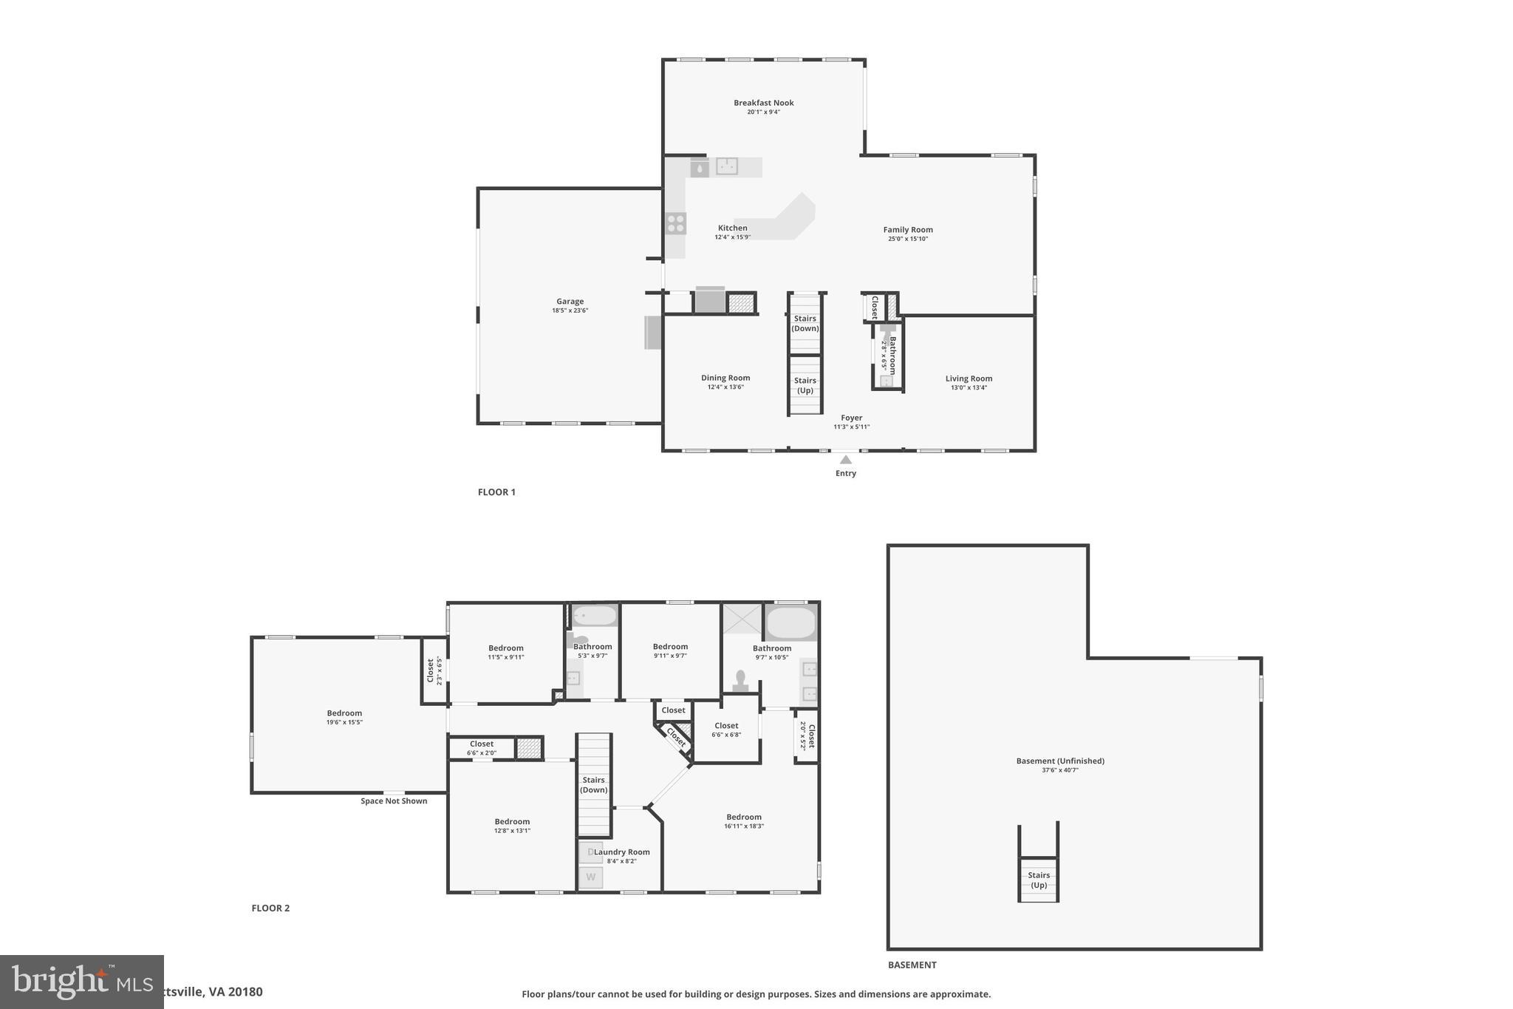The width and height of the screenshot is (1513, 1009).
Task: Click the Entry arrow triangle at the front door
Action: pos(846,460)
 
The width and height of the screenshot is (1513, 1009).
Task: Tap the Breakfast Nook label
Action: pos(763,103)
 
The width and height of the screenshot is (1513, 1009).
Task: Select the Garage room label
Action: pos(570,302)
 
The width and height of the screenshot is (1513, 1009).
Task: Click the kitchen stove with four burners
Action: pos(675,223)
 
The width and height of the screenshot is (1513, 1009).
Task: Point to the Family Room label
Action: pos(908,230)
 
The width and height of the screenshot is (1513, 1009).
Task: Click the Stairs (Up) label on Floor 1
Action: pos(805,385)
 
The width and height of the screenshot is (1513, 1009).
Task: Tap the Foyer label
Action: pos(851,418)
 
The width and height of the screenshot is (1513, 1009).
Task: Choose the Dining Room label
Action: pos(725,378)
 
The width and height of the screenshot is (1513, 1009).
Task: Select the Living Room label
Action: pos(969,379)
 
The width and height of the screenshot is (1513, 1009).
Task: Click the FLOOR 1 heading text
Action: pos(496,492)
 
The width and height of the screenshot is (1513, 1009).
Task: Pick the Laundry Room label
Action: pos(622,852)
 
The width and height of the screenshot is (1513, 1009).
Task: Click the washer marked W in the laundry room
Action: pos(590,877)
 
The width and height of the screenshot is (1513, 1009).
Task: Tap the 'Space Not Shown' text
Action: pos(394,801)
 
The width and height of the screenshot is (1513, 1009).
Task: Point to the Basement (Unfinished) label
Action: pos(1060,761)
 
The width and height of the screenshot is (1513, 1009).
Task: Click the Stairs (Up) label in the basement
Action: pos(1039,880)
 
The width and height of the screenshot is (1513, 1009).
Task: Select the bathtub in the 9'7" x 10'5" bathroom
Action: pos(790,622)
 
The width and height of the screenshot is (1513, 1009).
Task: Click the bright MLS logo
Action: pos(81,982)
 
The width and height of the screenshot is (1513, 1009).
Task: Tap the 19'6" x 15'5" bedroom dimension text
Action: pos(344,722)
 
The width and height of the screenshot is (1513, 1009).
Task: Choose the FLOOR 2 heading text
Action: pos(270,908)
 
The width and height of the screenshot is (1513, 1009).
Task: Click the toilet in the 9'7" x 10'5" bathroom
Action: pos(740,680)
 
